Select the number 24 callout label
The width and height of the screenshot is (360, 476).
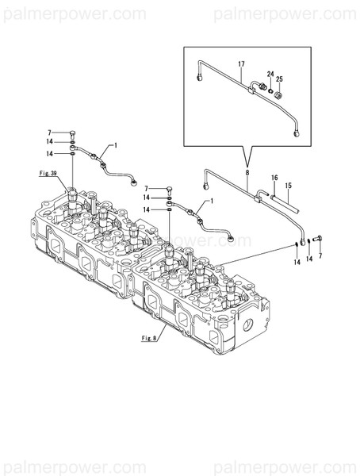click(270, 75)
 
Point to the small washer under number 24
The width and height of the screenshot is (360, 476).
click(270, 89)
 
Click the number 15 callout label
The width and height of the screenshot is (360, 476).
click(289, 186)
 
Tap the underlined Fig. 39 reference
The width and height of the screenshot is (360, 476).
click(50, 172)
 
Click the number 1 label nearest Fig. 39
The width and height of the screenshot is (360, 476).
click(115, 145)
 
